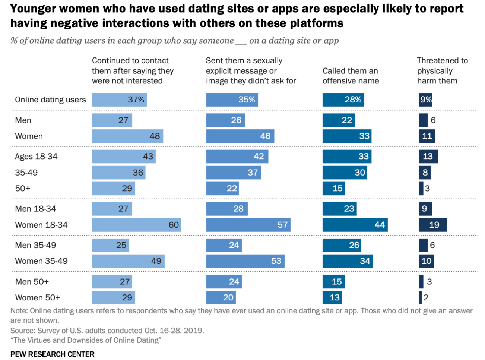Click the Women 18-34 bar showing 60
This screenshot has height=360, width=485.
coord(136,225)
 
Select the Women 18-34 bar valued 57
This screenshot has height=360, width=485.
coord(248,225)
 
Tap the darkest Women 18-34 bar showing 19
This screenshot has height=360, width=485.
coord(433,225)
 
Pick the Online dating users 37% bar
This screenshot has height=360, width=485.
coord(119,100)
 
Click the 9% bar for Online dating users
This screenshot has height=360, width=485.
coord(426,100)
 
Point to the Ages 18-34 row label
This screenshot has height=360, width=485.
coord(36,157)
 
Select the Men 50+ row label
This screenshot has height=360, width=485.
coord(32,282)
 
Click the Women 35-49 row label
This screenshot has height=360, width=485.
coord(41,261)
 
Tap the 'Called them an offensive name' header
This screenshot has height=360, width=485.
coord(351,76)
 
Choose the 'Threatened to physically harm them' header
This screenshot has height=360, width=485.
coord(442,71)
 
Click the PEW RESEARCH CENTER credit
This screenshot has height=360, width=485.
coord(53,354)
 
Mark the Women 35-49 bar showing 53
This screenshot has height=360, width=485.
coord(245,261)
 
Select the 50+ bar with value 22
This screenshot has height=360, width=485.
coord(222,189)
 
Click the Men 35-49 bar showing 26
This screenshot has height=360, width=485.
coord(342,245)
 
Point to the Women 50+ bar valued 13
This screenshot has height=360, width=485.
coord(332,298)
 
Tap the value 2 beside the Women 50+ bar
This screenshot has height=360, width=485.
coord(426,298)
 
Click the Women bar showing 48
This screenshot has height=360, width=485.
coord(127,136)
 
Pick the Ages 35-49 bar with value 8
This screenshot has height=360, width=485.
coord(425,173)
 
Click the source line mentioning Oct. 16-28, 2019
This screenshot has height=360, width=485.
coord(107,331)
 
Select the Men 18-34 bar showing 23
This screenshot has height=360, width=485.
coord(339,209)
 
